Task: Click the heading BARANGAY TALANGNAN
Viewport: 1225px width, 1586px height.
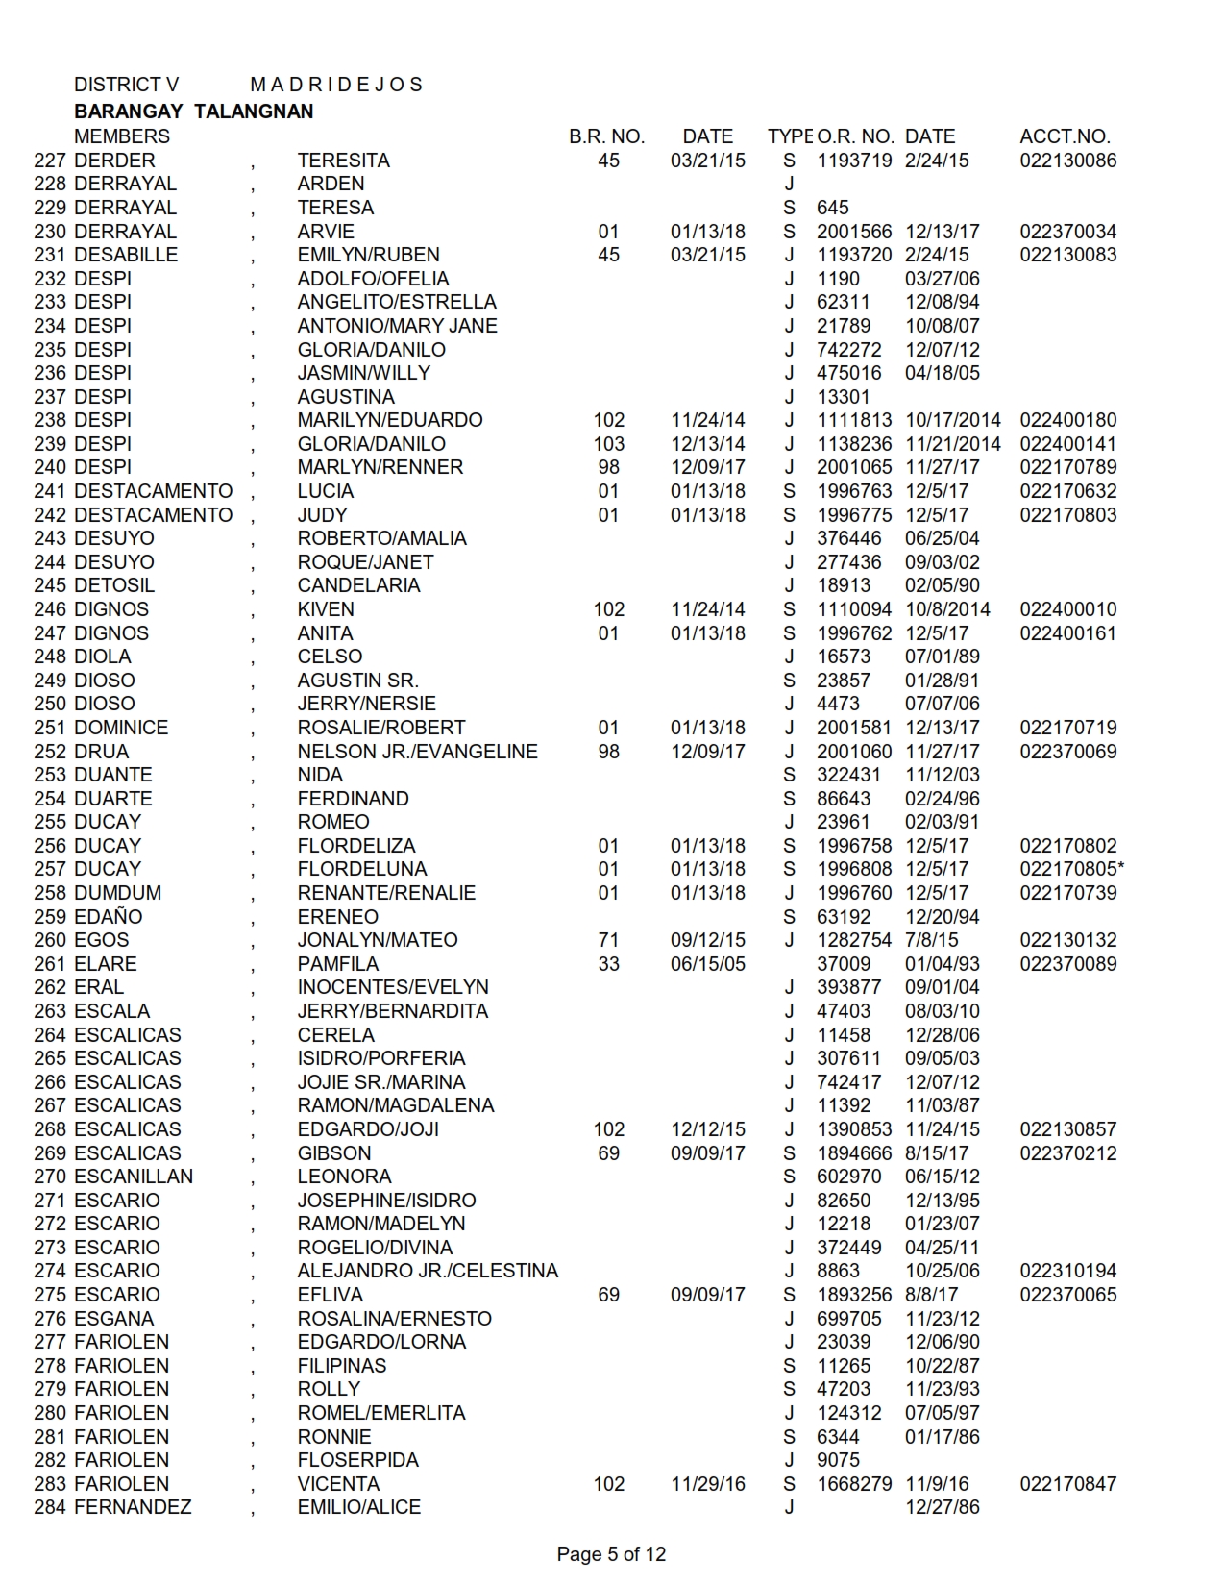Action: point(193,112)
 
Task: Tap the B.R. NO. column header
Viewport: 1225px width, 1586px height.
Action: point(606,136)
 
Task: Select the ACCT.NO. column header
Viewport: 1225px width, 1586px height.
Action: point(1065,136)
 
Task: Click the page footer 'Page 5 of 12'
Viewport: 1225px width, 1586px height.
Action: point(611,1554)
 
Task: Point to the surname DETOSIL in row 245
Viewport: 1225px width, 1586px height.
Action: point(113,585)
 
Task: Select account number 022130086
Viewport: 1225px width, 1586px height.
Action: point(1068,161)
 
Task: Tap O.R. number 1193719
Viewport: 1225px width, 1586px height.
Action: point(854,161)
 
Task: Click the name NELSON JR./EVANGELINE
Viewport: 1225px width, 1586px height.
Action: point(417,752)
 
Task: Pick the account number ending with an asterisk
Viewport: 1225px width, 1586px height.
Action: point(1072,869)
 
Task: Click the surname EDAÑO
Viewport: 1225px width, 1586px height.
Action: point(108,917)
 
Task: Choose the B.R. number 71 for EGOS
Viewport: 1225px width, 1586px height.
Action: point(608,940)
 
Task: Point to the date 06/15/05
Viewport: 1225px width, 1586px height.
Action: point(707,964)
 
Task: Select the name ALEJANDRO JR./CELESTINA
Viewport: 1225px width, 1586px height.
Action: point(428,1271)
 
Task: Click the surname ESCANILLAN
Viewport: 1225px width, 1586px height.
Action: point(133,1177)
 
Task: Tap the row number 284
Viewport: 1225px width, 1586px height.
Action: point(50,1507)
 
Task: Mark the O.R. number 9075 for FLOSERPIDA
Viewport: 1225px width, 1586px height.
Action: point(839,1460)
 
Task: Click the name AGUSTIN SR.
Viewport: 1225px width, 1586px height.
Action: point(357,681)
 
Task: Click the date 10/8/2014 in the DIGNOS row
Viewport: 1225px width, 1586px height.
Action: point(947,609)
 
